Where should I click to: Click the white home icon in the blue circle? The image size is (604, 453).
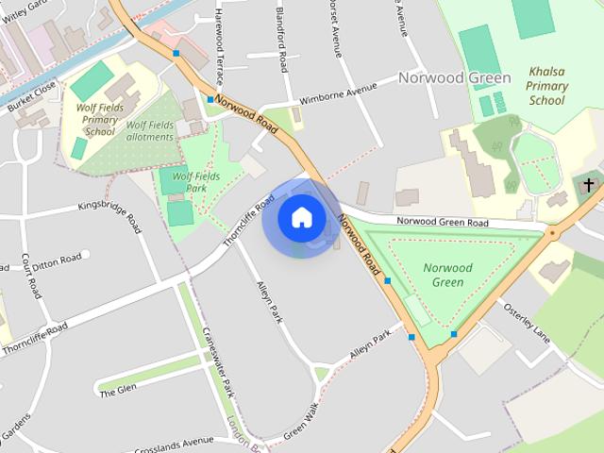[x=301, y=217]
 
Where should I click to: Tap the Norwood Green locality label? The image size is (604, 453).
[x=454, y=77]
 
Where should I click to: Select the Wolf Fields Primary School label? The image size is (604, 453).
[x=99, y=121]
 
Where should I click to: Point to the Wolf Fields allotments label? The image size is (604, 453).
[x=150, y=130]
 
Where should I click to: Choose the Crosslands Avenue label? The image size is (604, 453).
[x=176, y=443]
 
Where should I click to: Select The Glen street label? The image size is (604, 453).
[x=119, y=388]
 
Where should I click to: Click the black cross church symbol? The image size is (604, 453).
[x=589, y=185]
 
